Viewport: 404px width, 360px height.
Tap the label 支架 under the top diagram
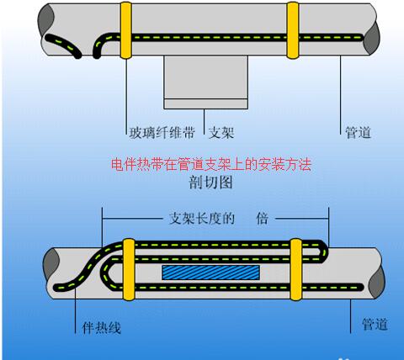tap(221, 132)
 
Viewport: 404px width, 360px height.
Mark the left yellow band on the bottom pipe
tap(129, 268)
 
